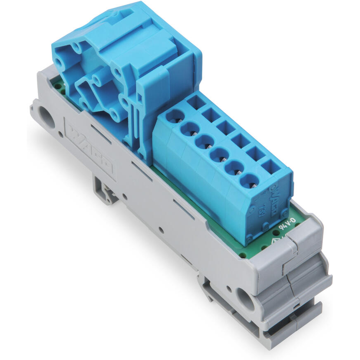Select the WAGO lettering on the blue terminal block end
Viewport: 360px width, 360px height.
point(273,201)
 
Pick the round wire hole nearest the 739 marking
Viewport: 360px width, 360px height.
point(248,180)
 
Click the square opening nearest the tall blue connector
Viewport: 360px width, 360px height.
point(196,102)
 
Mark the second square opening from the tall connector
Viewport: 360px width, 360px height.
point(211,115)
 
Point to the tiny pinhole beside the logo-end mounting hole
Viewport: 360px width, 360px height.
point(61,133)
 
